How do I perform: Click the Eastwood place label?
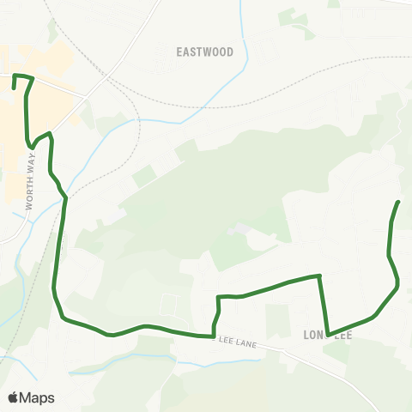click(205, 51)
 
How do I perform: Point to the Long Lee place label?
click(328, 335)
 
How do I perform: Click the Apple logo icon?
click(13, 397)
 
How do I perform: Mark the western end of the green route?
click(14, 87)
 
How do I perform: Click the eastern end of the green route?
click(399, 201)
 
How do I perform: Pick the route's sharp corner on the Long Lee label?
click(329, 334)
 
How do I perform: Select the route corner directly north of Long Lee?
click(320, 276)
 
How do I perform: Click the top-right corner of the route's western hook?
click(33, 79)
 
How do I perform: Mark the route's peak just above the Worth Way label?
click(50, 133)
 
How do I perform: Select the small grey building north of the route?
click(241, 230)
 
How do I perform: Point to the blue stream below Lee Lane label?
click(206, 363)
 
